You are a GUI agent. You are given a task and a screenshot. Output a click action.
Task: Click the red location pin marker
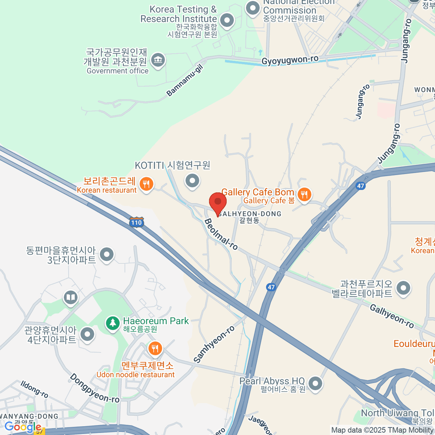pyautogui.click(x=218, y=202)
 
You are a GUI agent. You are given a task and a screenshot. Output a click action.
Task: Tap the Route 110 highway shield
pyautogui.click(x=136, y=222)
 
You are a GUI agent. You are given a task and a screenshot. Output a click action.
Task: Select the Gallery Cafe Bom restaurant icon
pyautogui.click(x=304, y=195)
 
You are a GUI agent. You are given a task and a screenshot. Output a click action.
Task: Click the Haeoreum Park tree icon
pyautogui.click(x=113, y=322)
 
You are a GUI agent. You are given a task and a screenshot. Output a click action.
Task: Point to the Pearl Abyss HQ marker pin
pyautogui.click(x=315, y=383)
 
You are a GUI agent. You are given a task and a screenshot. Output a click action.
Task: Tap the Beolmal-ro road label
pyautogui.click(x=221, y=235)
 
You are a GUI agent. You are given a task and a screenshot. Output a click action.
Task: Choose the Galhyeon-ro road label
pyautogui.click(x=391, y=316)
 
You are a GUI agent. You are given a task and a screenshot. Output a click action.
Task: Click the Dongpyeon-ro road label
pyautogui.click(x=94, y=388)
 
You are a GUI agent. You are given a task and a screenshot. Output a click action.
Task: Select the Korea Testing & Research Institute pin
pyautogui.click(x=227, y=20)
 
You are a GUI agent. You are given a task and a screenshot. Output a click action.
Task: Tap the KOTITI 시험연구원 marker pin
pyautogui.click(x=192, y=180)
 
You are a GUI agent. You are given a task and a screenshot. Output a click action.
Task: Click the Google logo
pyautogui.click(x=22, y=427)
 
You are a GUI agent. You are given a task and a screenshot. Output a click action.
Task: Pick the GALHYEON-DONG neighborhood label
pyautogui.click(x=249, y=214)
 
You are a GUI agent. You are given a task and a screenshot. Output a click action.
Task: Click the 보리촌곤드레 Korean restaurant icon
pyautogui.click(x=146, y=184)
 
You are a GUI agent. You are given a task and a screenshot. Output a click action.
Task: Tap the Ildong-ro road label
pyautogui.click(x=34, y=389)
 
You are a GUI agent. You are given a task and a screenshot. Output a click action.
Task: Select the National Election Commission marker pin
pyautogui.click(x=253, y=8)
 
